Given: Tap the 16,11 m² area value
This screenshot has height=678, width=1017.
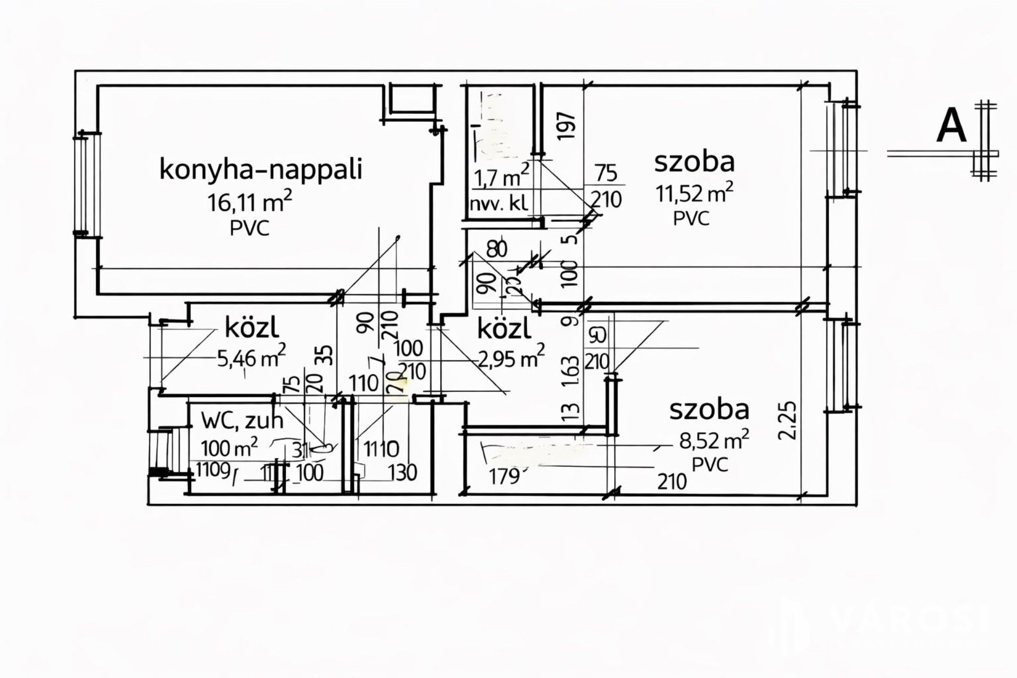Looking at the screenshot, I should pyautogui.click(x=249, y=202).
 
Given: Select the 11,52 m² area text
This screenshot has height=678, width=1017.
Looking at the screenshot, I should pyautogui.click(x=694, y=193).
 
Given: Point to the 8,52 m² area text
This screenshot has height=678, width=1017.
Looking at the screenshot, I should pyautogui.click(x=714, y=440).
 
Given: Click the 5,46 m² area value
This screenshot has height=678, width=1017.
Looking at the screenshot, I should pyautogui.click(x=252, y=358).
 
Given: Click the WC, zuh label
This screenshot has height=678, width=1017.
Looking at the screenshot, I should pyautogui.click(x=242, y=421).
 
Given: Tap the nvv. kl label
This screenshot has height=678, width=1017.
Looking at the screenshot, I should pyautogui.click(x=498, y=204).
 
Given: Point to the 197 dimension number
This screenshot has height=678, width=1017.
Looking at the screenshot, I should pyautogui.click(x=566, y=125).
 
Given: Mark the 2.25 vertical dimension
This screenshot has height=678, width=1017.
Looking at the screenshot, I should pyautogui.click(x=787, y=421).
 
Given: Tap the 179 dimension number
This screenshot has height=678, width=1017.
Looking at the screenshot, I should pyautogui.click(x=504, y=477).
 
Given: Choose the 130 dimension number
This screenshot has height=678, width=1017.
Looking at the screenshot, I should pyautogui.click(x=402, y=472).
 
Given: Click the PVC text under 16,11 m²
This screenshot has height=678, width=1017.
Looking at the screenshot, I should pyautogui.click(x=249, y=228).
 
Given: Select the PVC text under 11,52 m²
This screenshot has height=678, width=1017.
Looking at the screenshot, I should pyautogui.click(x=691, y=218).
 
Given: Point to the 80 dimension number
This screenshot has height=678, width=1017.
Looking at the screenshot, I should pyautogui.click(x=496, y=249).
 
